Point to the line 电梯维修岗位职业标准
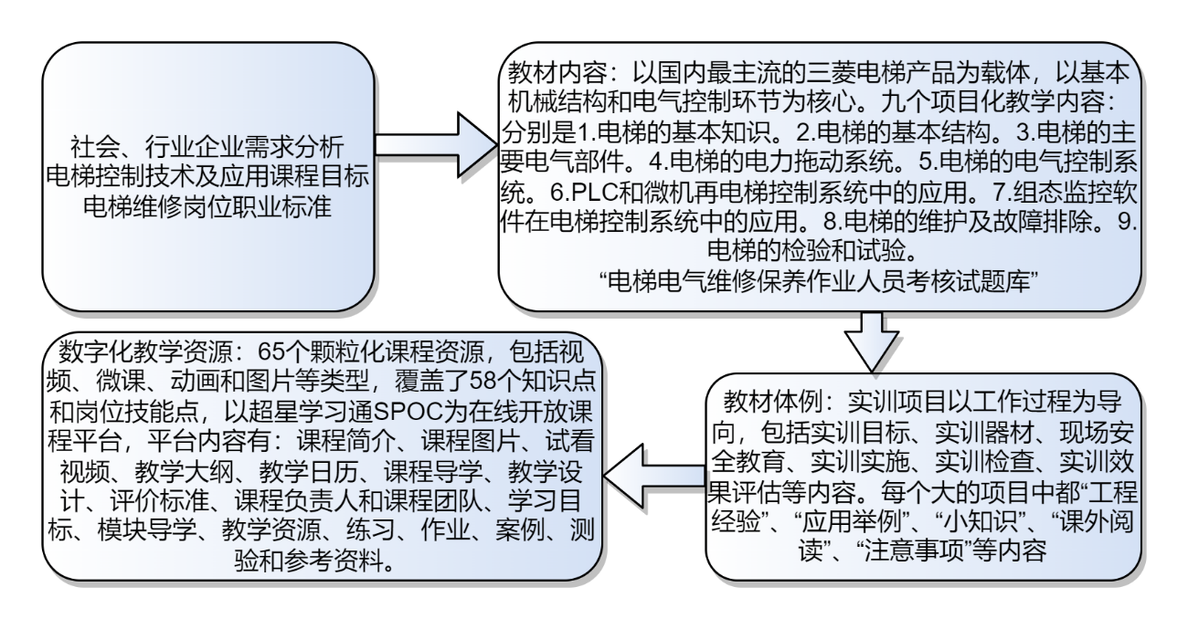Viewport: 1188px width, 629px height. pyautogui.click(x=208, y=205)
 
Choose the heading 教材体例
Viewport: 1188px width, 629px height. pyautogui.click(x=766, y=402)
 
